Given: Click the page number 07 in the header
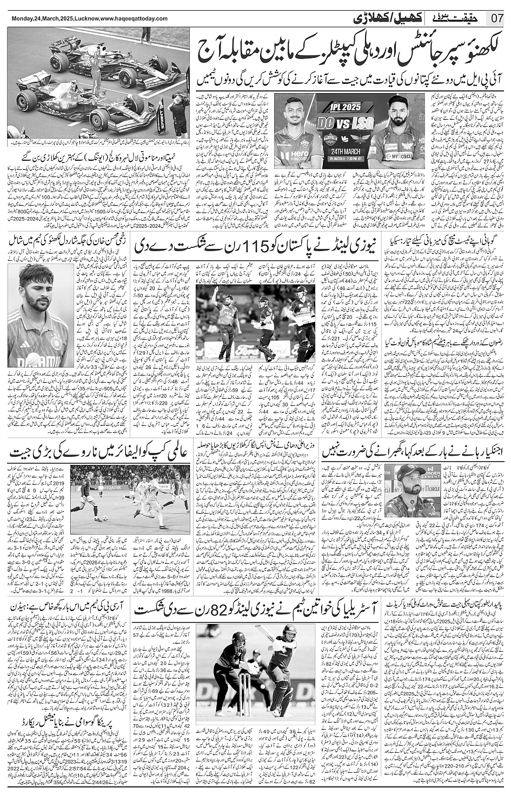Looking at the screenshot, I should [x=497, y=17].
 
